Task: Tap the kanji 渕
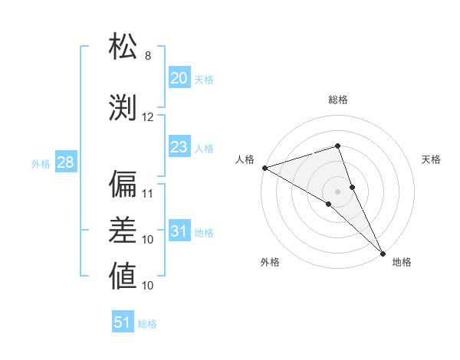[123, 107]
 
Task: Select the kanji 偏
[123, 184]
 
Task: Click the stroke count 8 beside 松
[148, 56]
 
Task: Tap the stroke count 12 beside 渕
[148, 117]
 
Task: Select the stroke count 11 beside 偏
[148, 194]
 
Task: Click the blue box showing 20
[179, 78]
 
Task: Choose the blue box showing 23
[179, 147]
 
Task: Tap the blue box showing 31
[179, 231]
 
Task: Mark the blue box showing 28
[65, 162]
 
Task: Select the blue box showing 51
[123, 322]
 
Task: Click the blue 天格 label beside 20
[204, 79]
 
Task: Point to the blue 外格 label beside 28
[41, 163]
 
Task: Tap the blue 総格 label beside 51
[147, 324]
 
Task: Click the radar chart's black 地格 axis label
[402, 263]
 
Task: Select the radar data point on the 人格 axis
[264, 168]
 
